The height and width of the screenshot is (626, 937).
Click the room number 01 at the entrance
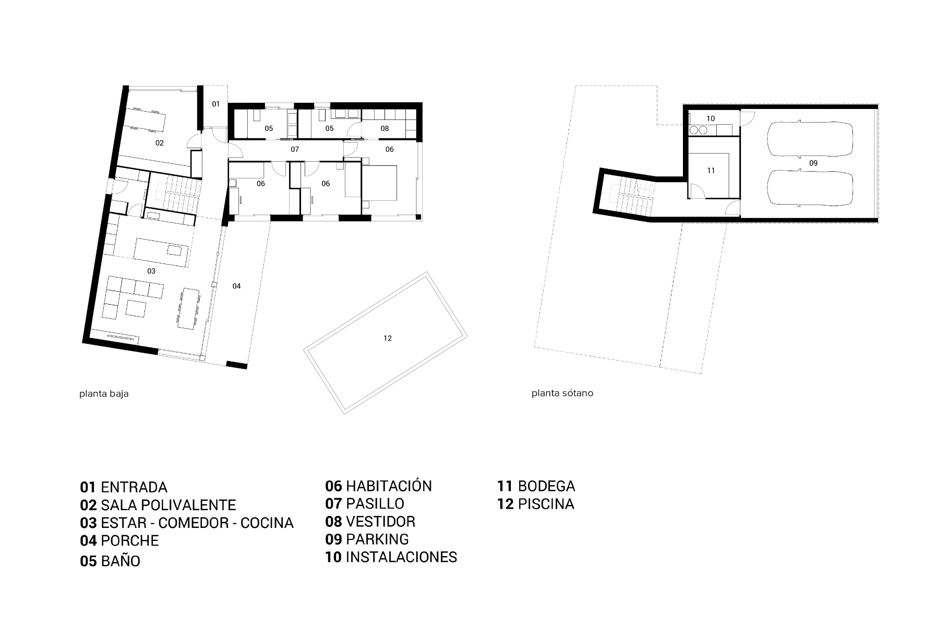(x=215, y=104)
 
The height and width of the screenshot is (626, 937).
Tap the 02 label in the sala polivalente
(x=160, y=142)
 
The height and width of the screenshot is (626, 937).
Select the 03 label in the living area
(x=151, y=271)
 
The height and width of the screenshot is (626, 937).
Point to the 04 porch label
(x=236, y=286)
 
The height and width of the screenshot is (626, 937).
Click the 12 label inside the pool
(x=387, y=338)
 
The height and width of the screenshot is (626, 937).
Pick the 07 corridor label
(x=295, y=149)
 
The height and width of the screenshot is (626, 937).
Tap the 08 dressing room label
(x=385, y=128)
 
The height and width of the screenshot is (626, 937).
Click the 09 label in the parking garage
(x=813, y=163)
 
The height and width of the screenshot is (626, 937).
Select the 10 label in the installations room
(x=711, y=118)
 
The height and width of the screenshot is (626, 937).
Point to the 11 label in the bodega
(x=711, y=171)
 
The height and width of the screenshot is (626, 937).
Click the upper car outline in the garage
(x=809, y=139)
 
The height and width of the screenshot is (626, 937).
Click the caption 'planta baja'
(x=104, y=394)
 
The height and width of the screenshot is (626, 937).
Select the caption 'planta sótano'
(x=562, y=393)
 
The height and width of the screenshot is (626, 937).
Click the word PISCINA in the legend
(x=546, y=504)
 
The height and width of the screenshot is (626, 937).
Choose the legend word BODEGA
(x=547, y=486)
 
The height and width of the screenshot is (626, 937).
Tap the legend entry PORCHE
(x=130, y=540)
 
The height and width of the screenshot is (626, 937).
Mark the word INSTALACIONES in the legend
(x=402, y=557)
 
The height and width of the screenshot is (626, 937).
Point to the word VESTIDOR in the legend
(x=381, y=522)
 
